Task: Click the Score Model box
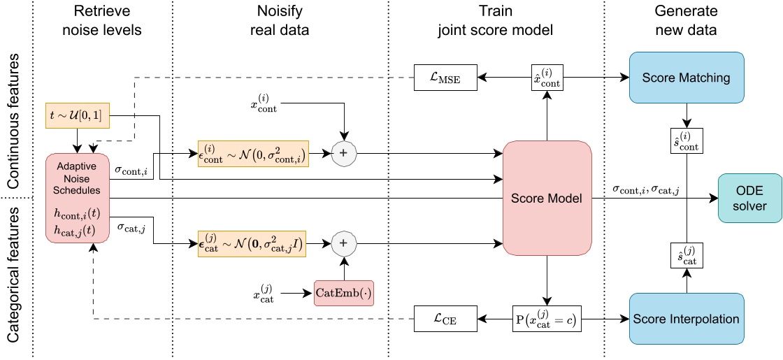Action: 547,199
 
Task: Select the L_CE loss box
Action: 445,319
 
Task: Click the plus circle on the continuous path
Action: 344,151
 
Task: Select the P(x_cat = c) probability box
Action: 547,319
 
